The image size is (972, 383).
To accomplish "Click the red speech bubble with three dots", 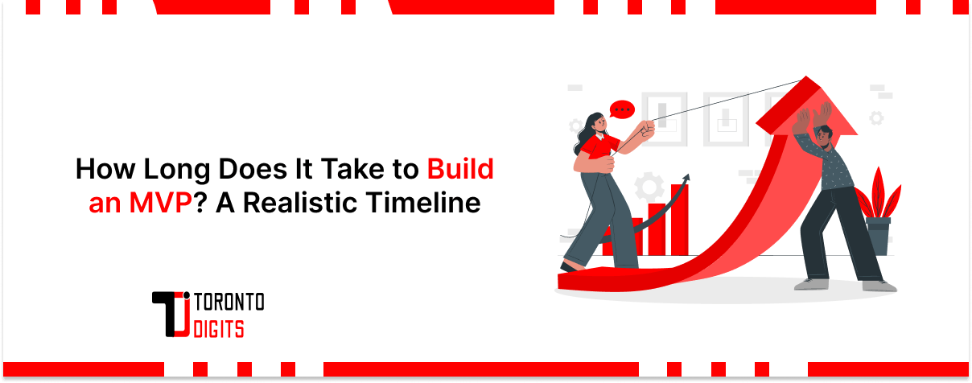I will pyautogui.click(x=621, y=109).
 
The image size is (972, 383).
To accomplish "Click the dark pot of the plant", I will pyautogui.click(x=878, y=235).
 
